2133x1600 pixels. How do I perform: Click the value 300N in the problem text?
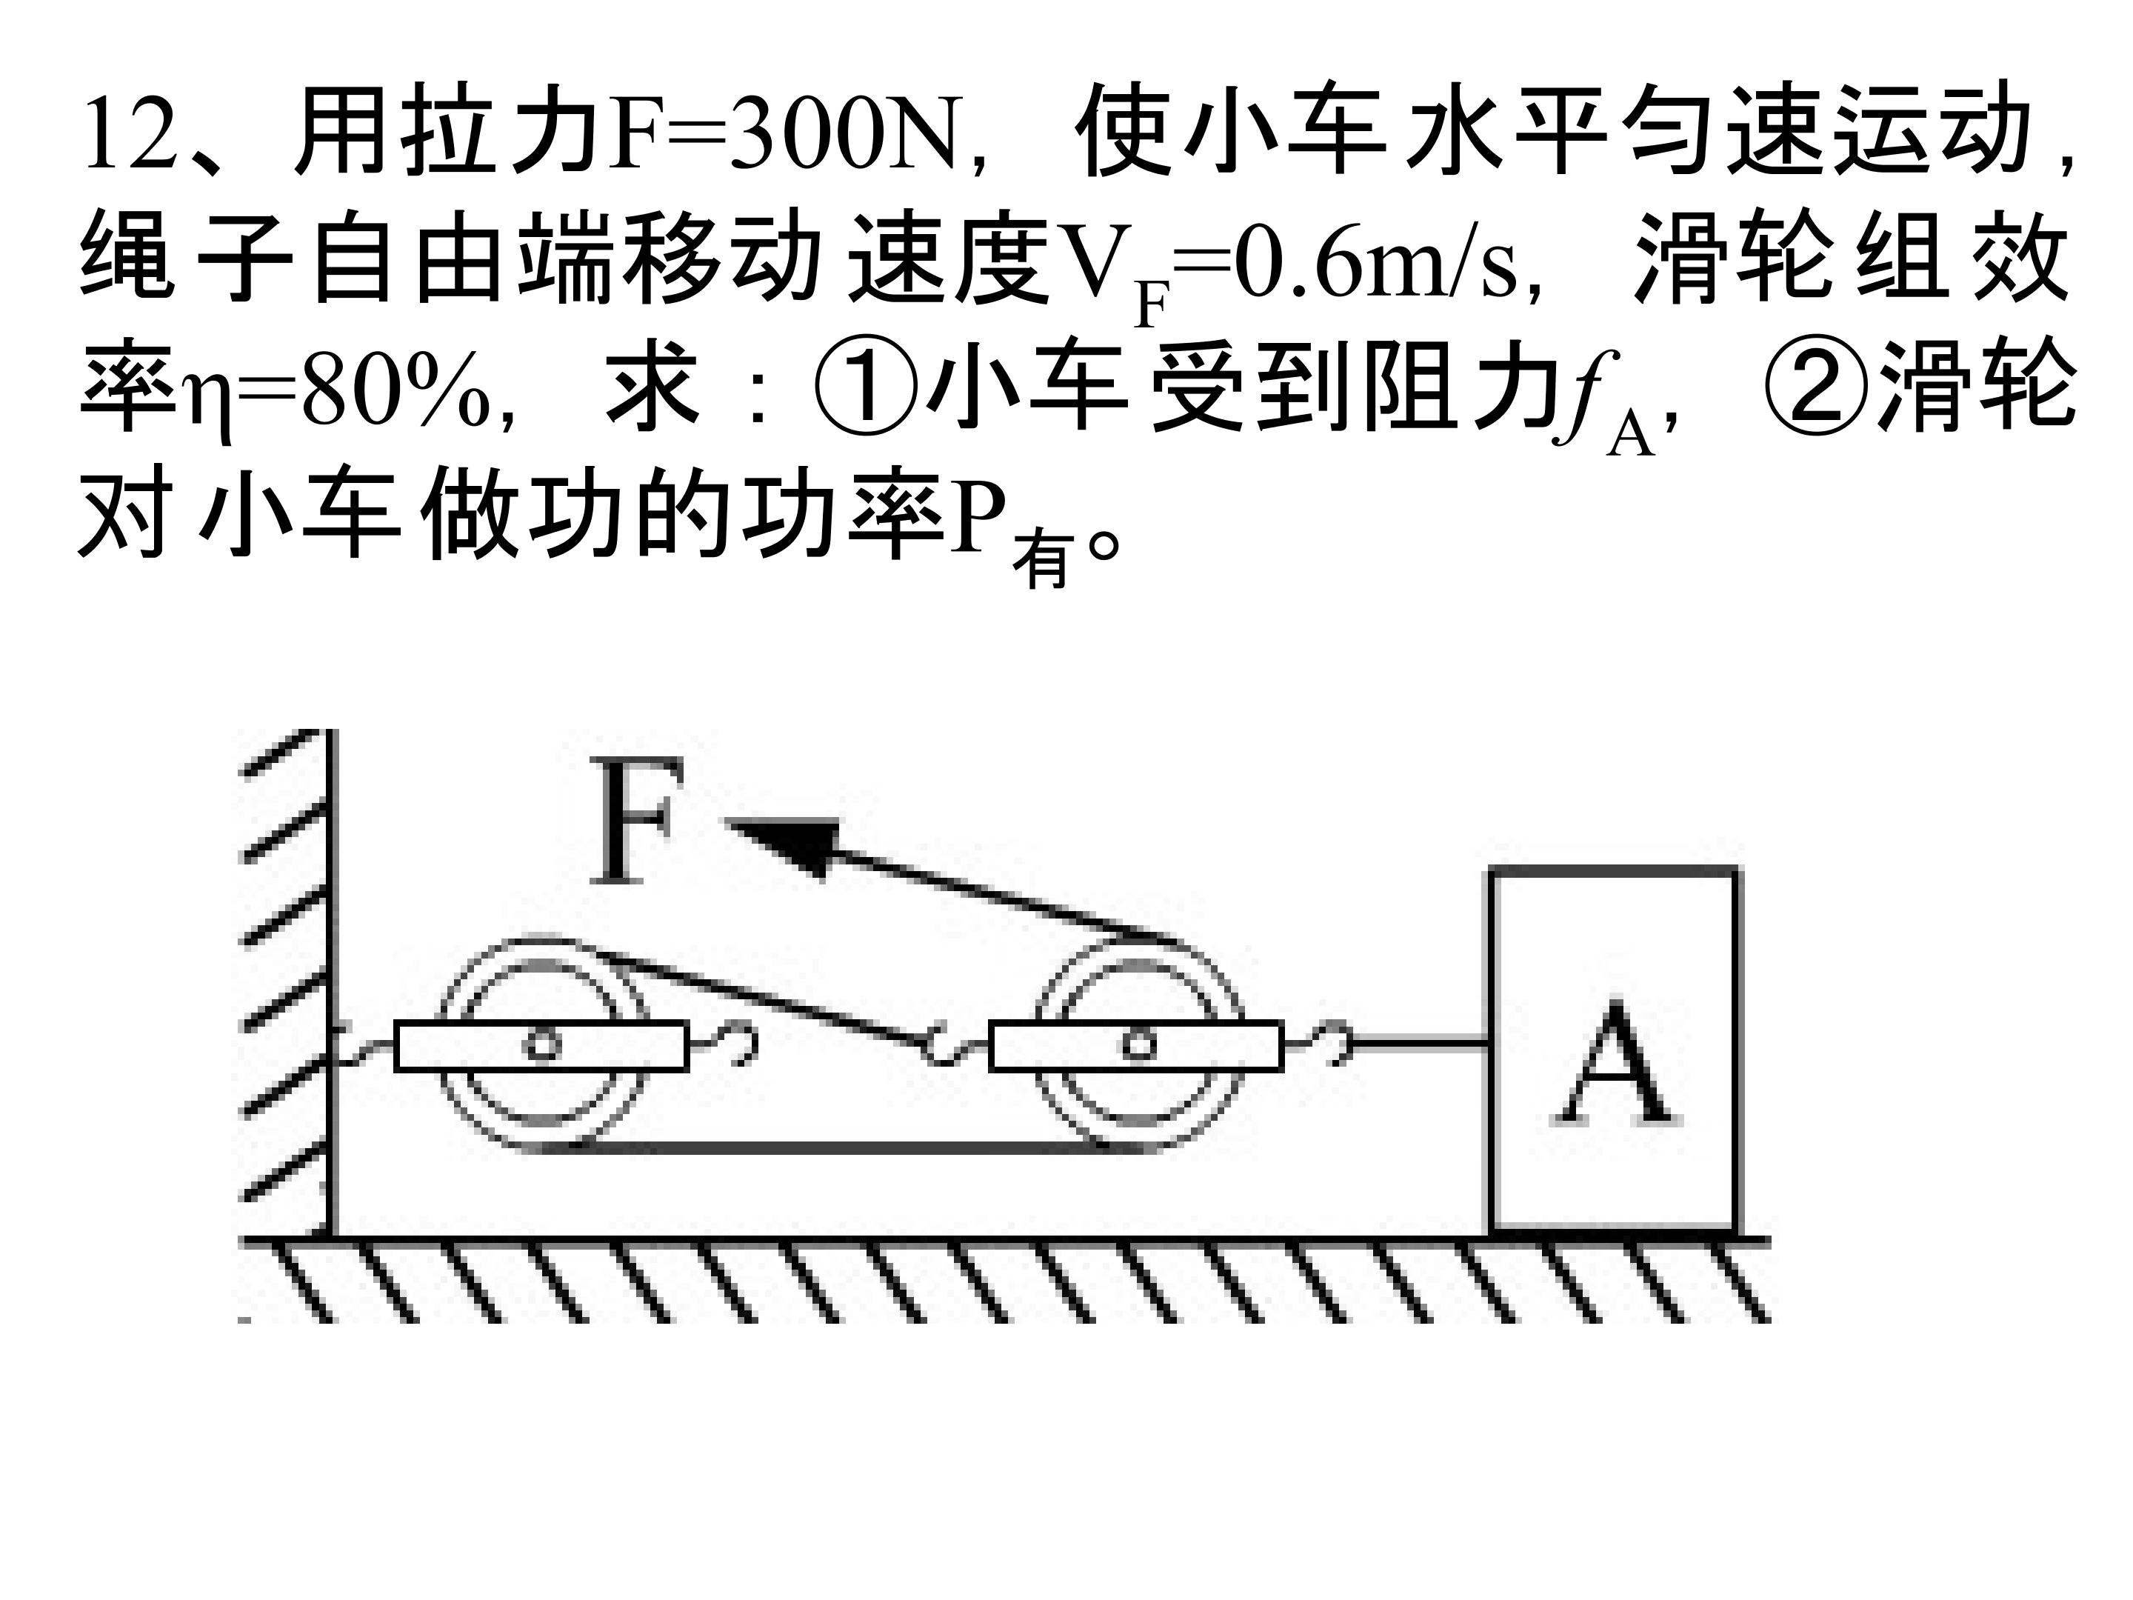click(849, 135)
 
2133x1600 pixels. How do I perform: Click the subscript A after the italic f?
click(1628, 434)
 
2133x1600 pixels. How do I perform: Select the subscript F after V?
click(1152, 304)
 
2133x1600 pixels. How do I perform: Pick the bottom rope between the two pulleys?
click(839, 1147)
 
